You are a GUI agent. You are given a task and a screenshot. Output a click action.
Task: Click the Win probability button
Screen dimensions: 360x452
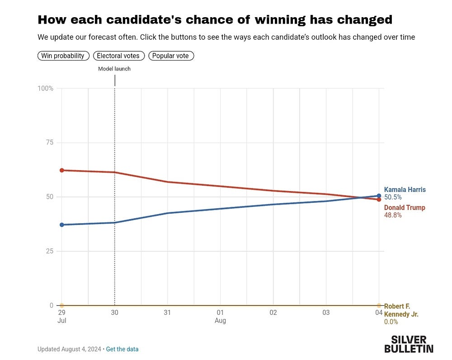point(63,56)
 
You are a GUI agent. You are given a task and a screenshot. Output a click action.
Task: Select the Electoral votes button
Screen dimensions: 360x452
point(119,56)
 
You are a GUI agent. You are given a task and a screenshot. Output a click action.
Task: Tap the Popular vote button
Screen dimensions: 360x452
point(171,56)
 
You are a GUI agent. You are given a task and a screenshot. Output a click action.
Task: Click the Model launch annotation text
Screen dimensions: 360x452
point(114,69)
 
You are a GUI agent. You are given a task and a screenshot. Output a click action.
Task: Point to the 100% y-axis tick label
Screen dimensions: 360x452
point(45,89)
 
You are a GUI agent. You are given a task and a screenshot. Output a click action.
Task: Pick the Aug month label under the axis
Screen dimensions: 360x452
point(220,321)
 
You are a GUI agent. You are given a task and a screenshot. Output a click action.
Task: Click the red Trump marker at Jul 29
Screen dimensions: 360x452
point(62,170)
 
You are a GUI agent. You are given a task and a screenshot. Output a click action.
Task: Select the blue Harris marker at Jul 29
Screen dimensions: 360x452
point(62,224)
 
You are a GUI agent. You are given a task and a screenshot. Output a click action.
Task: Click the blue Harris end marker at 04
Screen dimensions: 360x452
point(379,196)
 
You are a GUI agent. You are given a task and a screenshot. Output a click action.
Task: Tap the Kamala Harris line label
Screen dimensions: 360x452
point(405,190)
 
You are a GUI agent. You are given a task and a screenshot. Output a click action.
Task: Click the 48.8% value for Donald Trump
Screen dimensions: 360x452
point(393,215)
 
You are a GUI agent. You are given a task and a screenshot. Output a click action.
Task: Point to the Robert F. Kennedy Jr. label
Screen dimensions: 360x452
point(400,310)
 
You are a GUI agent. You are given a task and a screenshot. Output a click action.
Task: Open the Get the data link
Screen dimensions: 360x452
point(122,349)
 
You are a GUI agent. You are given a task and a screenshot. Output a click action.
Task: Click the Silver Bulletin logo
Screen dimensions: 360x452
point(409,344)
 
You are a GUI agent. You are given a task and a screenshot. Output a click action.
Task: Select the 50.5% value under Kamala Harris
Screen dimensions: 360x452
point(393,197)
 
